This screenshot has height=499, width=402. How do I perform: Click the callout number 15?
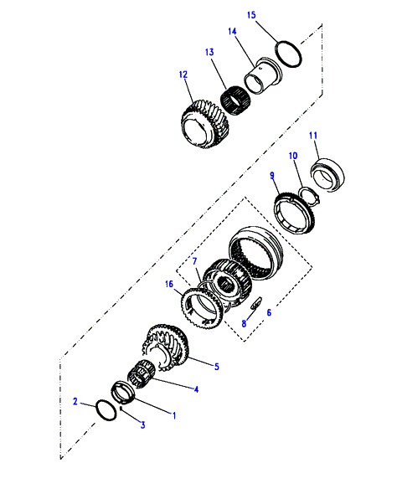251,15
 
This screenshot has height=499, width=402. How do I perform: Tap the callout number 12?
183,75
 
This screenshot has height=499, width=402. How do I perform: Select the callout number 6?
269,312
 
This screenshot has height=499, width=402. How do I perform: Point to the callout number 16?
169,284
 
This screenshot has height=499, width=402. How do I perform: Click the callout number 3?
143,424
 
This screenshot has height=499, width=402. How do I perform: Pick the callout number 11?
313,136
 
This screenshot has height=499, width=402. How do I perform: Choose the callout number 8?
244,323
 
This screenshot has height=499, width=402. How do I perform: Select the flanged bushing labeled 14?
263,75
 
